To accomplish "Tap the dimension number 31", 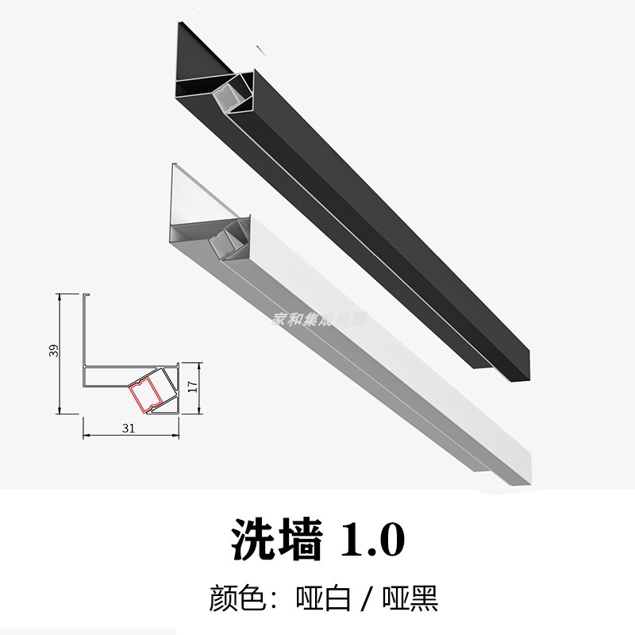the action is click(128, 427).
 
